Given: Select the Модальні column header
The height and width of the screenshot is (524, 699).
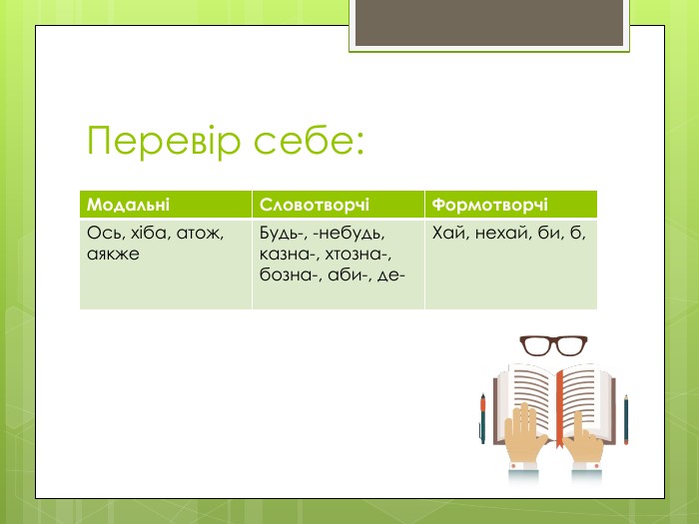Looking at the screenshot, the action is click(x=128, y=205).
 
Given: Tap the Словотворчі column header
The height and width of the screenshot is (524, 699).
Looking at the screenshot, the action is click(x=315, y=205).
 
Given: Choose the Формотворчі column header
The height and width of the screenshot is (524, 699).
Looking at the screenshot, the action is click(x=489, y=205).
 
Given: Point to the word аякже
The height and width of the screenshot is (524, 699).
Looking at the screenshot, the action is click(x=113, y=254).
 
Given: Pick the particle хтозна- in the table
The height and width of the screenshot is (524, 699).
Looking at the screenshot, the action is click(x=358, y=254).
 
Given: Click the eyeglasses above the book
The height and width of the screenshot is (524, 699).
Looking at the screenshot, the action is click(x=553, y=345).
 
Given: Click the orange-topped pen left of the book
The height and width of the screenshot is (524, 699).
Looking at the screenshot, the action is click(x=482, y=418).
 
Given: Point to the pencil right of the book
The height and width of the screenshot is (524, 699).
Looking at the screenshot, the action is click(x=626, y=419).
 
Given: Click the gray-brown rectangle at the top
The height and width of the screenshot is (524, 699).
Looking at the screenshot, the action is click(x=489, y=22).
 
